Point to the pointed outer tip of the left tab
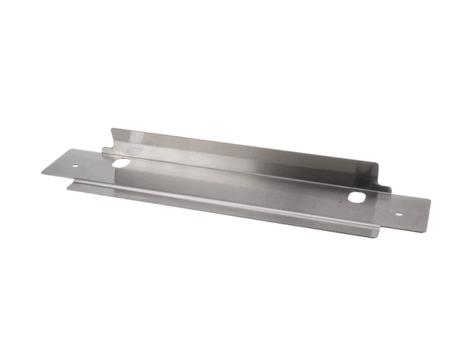coord(42,172)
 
